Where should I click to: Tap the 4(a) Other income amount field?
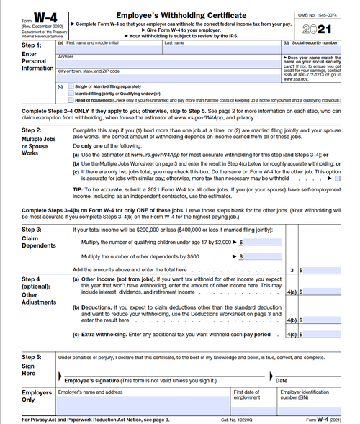coord(324,293)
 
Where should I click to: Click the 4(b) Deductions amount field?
coord(324,319)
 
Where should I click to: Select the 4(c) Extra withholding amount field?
coord(324,335)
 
